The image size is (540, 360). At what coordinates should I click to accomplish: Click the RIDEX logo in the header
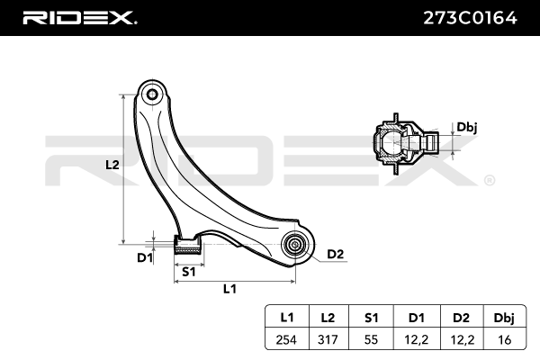[x=79, y=17]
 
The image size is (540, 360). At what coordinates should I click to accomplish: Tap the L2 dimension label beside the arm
[x=112, y=165]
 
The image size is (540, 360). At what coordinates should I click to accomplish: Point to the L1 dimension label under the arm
[x=229, y=289]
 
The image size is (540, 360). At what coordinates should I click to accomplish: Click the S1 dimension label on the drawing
[x=189, y=270]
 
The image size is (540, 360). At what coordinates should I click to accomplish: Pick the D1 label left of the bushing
[x=145, y=258]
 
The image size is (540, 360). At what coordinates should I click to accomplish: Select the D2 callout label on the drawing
[x=335, y=254]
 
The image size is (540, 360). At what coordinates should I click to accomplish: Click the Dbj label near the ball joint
[x=466, y=128]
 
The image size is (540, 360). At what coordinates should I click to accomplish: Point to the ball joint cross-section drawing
[x=401, y=143]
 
